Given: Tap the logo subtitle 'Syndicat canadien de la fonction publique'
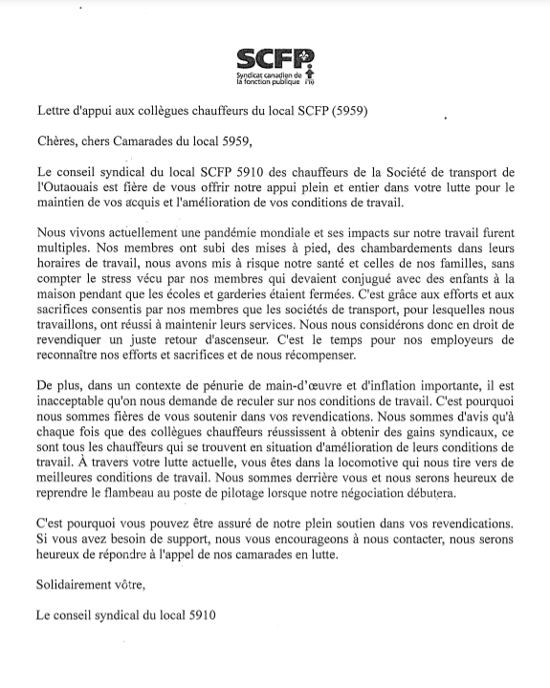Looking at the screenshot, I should point(269,78).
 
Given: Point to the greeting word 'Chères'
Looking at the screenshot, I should point(57,142).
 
